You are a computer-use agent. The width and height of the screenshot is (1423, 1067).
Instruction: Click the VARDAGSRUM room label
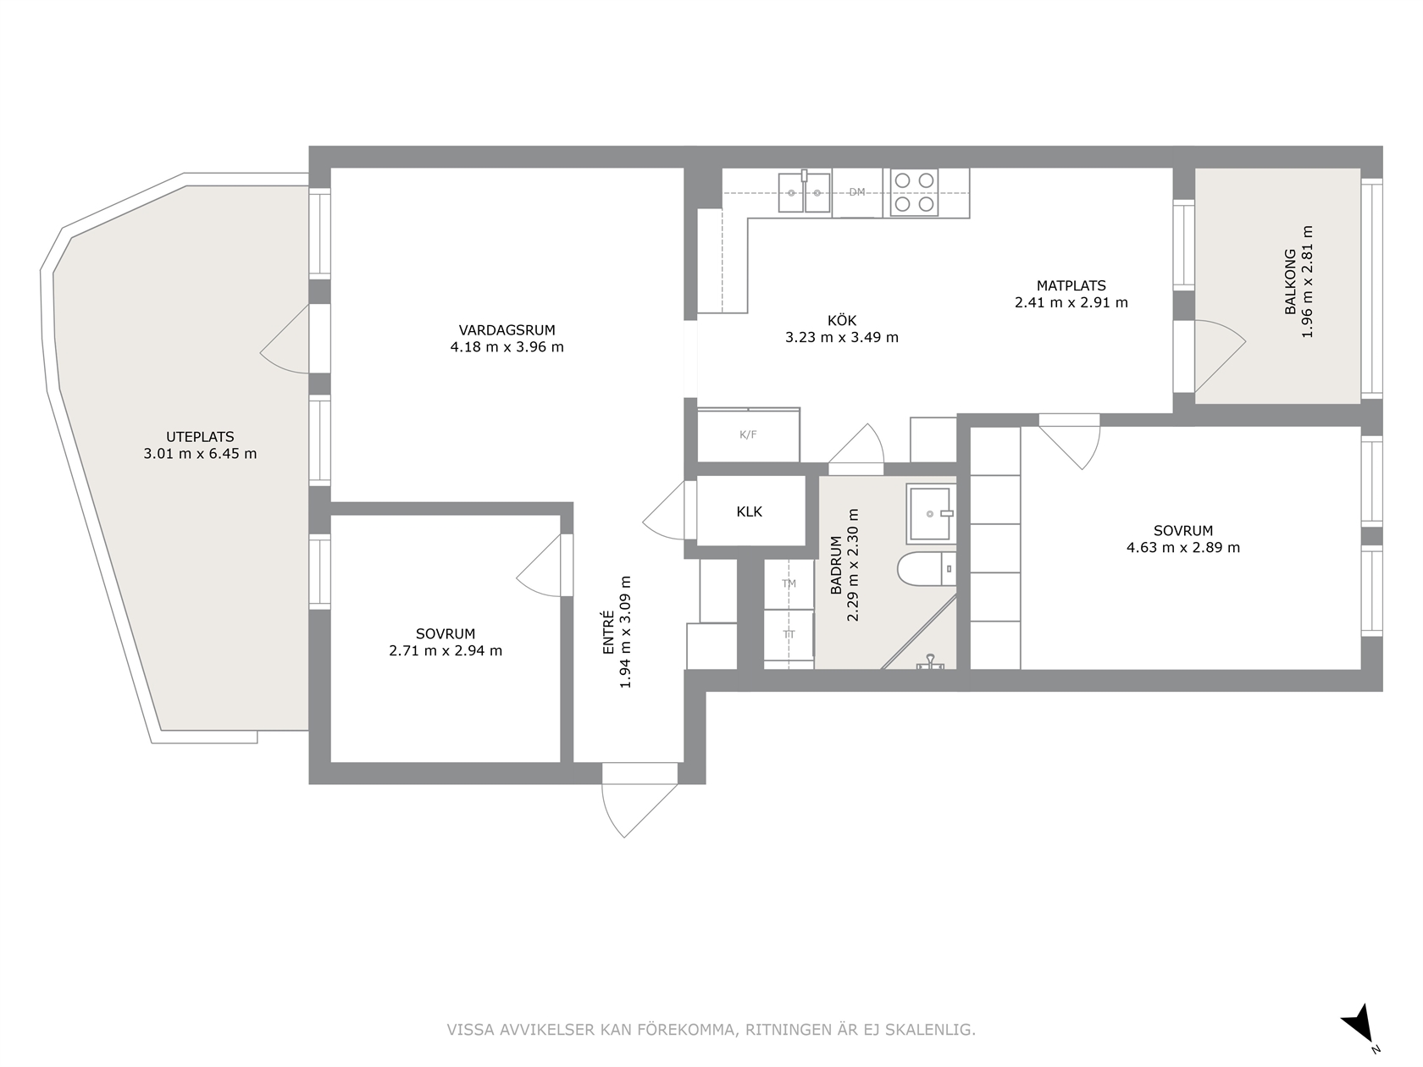507,329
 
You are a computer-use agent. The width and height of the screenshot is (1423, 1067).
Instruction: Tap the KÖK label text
841,320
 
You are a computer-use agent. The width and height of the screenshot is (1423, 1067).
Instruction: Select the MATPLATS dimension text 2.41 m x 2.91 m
1071,302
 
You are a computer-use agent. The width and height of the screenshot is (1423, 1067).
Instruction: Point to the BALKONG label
1291,282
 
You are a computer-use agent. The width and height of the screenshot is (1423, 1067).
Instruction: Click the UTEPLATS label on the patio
200,437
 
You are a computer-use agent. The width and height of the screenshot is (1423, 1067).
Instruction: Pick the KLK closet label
749,511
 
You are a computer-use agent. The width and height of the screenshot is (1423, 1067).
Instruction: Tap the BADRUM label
836,565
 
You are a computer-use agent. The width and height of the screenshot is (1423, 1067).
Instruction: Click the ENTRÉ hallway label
608,632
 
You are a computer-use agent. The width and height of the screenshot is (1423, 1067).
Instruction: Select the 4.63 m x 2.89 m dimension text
1183,547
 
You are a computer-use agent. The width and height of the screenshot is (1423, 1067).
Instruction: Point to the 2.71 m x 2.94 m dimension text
446,650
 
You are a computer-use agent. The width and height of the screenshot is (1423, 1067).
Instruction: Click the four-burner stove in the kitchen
914,192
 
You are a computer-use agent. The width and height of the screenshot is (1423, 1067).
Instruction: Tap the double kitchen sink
805,191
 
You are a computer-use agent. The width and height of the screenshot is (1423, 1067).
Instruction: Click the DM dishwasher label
857,191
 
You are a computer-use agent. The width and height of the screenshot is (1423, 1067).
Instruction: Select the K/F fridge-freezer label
748,434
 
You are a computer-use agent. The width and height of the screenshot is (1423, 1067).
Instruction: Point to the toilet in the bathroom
927,569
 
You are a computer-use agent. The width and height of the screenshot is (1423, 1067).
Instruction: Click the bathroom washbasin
931,514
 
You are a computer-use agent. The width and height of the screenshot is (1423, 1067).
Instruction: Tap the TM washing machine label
789,583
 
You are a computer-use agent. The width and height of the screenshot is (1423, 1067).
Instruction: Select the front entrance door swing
635,804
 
